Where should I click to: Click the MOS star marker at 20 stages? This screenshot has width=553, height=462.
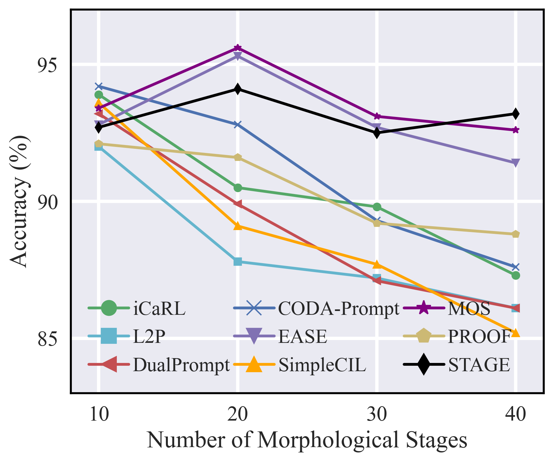coord(237,48)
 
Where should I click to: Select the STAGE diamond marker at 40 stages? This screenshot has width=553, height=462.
coord(515,114)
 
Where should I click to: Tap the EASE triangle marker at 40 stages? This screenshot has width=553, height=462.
coord(515,163)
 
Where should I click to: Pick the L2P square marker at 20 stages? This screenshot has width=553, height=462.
coord(237,262)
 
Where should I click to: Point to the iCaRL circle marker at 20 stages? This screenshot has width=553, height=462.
coord(237,188)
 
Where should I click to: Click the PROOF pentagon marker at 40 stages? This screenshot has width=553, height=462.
coord(515,234)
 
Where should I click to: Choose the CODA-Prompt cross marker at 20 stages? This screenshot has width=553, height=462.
coord(237,124)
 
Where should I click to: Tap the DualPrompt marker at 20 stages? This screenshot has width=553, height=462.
coord(237,204)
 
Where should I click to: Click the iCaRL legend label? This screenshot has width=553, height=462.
coord(159,308)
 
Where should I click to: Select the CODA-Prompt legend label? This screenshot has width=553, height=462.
coord(339,308)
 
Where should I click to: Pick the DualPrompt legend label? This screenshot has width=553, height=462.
coord(181,365)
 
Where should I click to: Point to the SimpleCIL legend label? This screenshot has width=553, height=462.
coord(322,365)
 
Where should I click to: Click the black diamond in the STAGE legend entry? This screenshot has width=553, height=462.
coord(423,364)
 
